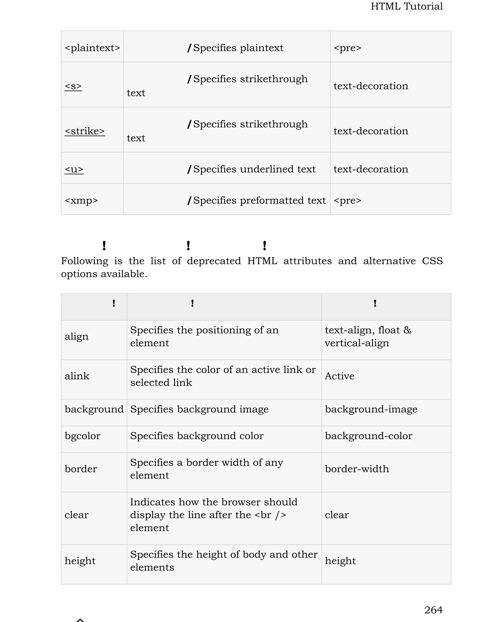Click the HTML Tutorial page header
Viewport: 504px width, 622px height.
(x=407, y=6)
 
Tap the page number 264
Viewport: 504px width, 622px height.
(x=433, y=609)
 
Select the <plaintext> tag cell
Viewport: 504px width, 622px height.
(x=92, y=48)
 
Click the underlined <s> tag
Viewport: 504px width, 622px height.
(x=73, y=86)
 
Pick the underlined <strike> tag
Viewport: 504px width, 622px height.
(x=84, y=131)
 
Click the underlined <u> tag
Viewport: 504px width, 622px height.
(x=74, y=169)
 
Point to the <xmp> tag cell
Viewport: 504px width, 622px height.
(x=81, y=200)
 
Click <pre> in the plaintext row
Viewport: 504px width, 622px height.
(x=347, y=48)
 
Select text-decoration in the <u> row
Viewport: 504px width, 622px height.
(x=371, y=169)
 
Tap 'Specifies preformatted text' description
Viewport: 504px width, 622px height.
(x=259, y=200)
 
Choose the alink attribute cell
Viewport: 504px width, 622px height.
(x=77, y=376)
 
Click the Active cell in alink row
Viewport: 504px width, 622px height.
(x=339, y=376)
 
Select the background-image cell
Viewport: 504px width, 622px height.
(x=371, y=409)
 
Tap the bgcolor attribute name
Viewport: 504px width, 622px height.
(x=82, y=436)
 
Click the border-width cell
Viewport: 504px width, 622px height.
(x=357, y=469)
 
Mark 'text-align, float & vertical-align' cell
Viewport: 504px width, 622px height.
(x=368, y=336)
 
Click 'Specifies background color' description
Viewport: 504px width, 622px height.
(x=197, y=436)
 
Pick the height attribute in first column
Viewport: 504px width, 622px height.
(x=80, y=561)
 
